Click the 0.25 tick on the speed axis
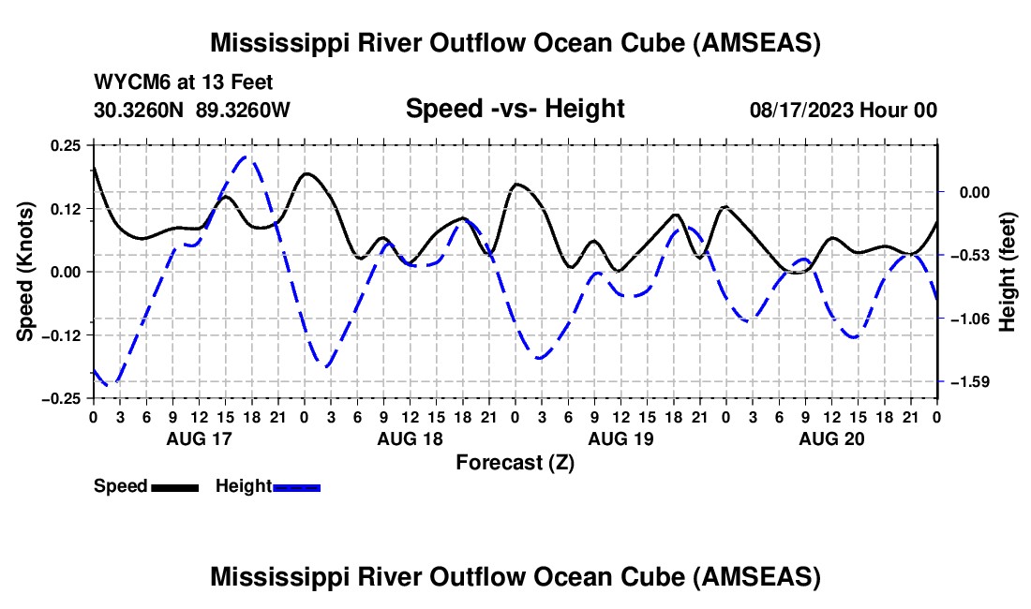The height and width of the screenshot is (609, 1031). [67, 145]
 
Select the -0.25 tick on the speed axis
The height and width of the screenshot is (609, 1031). [63, 398]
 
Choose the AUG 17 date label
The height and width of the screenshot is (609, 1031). [198, 438]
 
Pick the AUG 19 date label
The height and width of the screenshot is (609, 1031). [620, 438]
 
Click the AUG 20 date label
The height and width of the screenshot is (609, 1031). [830, 438]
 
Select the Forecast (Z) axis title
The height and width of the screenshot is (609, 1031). [515, 462]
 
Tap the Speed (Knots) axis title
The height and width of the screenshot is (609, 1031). [27, 270]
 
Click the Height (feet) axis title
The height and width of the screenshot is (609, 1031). [1009, 272]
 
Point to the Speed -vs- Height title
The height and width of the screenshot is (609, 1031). [515, 109]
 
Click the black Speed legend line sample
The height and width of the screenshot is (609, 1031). [174, 487]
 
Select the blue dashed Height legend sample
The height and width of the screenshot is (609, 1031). [296, 487]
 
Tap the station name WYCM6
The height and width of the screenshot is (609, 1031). [127, 83]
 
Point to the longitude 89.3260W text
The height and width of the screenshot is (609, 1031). [243, 111]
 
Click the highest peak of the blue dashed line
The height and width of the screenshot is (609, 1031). [247, 157]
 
